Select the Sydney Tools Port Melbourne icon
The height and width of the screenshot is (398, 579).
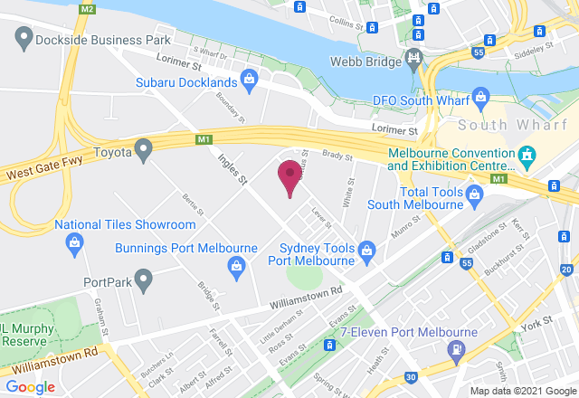(366, 249)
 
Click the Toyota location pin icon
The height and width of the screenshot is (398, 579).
(143, 150)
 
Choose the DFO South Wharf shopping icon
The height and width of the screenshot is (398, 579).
(481, 95)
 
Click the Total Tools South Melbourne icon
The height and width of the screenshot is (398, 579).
(474, 193)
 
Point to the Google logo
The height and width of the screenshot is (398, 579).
(30, 387)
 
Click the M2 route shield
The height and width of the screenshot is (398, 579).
(87, 8)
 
